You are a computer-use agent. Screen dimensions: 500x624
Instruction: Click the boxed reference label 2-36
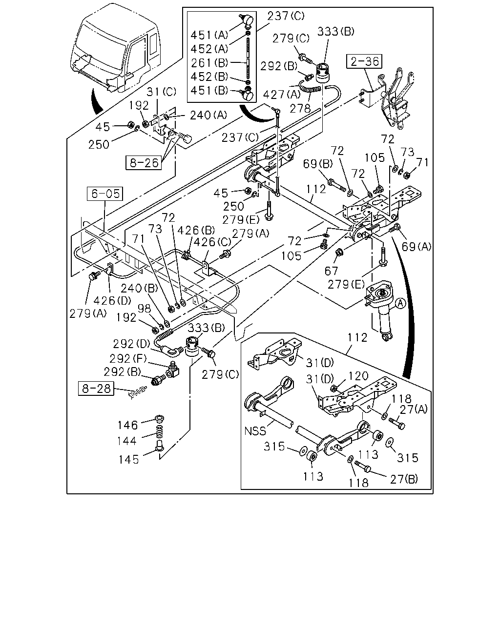click(x=364, y=61)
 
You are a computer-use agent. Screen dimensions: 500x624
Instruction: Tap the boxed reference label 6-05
click(x=105, y=194)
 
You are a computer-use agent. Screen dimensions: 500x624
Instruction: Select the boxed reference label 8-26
click(x=144, y=163)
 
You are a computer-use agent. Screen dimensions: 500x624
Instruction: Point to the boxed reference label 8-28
click(x=96, y=388)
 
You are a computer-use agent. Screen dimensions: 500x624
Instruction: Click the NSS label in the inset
click(x=255, y=431)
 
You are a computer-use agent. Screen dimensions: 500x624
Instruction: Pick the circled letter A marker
click(x=401, y=304)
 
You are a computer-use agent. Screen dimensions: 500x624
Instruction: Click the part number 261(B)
click(x=209, y=62)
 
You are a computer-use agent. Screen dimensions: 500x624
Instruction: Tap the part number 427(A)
click(x=282, y=95)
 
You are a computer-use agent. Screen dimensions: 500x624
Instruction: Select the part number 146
click(x=127, y=426)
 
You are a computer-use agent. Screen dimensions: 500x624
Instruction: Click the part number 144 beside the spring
click(x=126, y=441)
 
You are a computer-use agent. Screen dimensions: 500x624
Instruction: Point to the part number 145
click(x=129, y=460)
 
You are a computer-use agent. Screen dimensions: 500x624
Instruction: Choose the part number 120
click(x=358, y=376)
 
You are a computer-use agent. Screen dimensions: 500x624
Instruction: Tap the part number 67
click(x=331, y=271)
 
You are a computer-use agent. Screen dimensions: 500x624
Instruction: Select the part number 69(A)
click(x=417, y=247)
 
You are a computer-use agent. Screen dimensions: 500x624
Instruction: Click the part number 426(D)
click(x=112, y=300)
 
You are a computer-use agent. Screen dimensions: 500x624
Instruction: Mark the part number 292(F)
click(x=128, y=359)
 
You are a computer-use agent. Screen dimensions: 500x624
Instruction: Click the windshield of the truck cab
click(x=100, y=46)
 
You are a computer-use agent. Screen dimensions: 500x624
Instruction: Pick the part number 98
click(x=144, y=308)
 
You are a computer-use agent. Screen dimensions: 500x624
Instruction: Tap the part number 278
click(x=300, y=109)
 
